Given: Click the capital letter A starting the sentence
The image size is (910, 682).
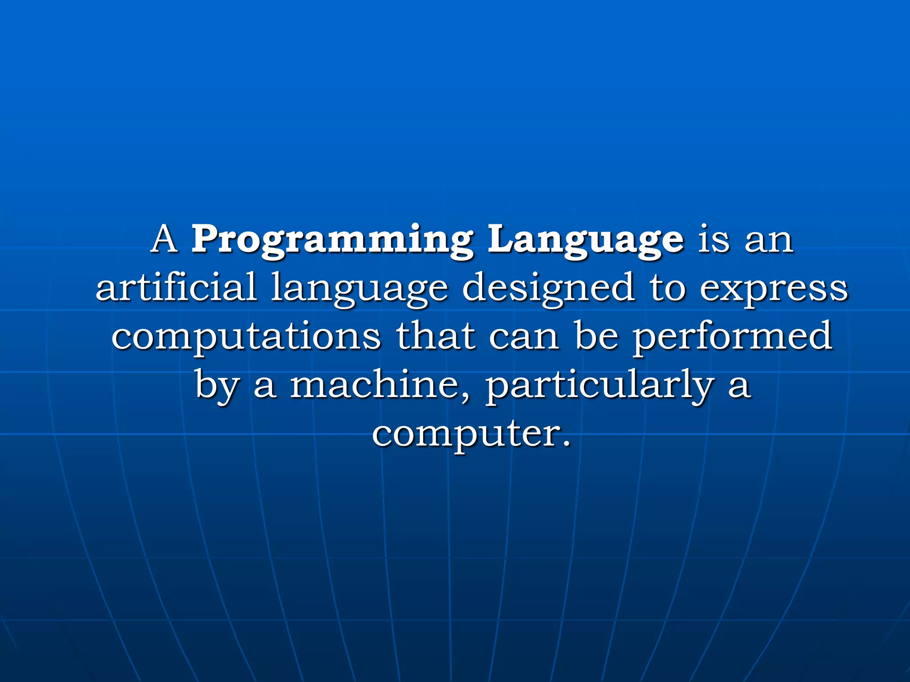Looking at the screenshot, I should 165,239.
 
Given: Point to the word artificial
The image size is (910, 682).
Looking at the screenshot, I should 176,287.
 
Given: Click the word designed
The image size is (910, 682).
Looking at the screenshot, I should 548,289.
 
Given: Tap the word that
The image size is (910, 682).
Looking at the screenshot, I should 435,336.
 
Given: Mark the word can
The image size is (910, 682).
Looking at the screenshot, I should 524,337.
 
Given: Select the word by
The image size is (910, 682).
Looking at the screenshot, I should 216,385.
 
